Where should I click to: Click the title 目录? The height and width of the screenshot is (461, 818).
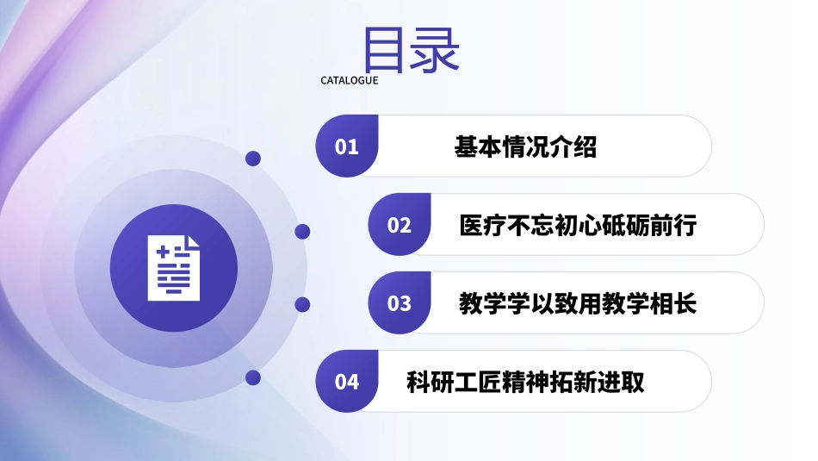412,49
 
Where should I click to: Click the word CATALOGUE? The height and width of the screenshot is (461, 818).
350,81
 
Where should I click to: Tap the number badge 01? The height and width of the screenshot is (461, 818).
347,147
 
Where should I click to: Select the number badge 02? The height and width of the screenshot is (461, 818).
399,226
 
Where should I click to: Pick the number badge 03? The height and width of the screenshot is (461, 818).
399,303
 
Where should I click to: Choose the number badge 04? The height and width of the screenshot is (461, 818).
347,381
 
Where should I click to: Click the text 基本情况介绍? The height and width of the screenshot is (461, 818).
525,147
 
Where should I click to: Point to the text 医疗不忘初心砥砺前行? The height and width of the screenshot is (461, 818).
578,226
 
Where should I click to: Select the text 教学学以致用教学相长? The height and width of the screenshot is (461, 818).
578,303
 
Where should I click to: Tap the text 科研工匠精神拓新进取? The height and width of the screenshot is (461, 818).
525,381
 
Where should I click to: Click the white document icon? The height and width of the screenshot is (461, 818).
174,267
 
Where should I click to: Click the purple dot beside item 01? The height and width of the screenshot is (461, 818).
253,159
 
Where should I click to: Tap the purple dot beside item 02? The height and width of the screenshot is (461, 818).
302,232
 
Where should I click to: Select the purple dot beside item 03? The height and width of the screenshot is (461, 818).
302,304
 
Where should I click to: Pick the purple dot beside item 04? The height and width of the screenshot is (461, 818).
253,377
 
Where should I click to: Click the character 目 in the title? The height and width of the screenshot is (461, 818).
385,49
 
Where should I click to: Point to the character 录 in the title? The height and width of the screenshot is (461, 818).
437,49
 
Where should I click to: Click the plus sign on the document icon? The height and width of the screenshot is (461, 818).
161,250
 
